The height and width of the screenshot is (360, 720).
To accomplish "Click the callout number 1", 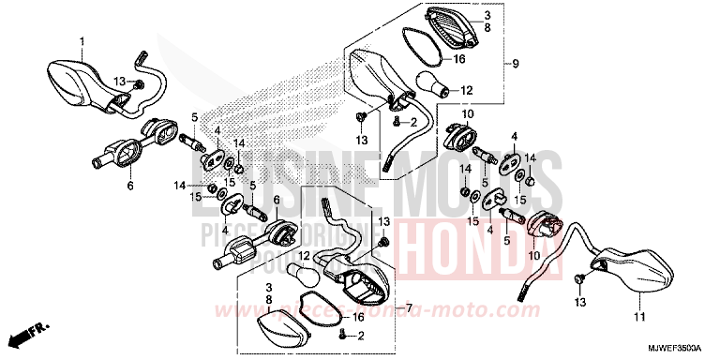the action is (82, 41).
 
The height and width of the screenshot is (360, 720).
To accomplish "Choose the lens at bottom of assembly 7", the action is (283, 324).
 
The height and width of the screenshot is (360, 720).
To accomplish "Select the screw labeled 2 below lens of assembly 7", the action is (344, 336).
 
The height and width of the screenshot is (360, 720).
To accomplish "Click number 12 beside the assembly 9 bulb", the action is (467, 91).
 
